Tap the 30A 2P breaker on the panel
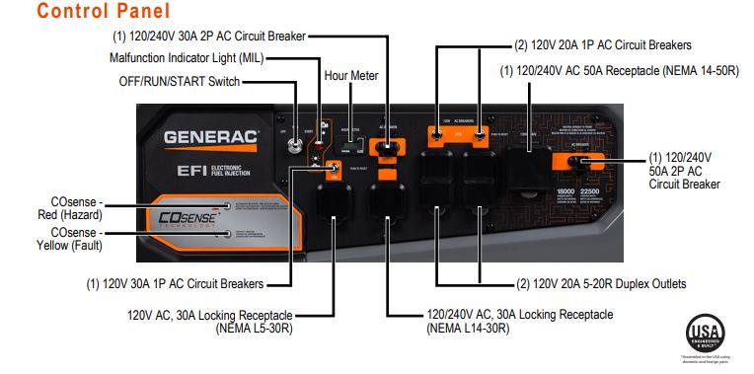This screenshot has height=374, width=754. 387,148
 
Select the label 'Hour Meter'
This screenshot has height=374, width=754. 350,75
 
